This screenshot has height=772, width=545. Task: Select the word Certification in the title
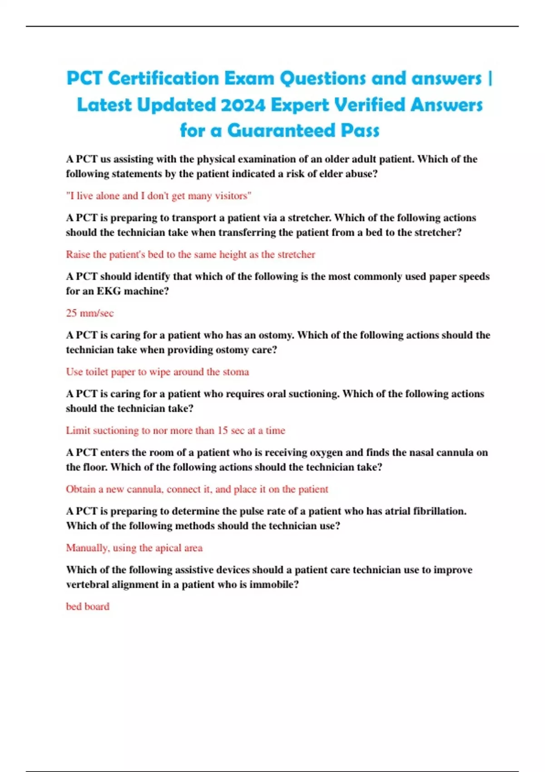[163, 79]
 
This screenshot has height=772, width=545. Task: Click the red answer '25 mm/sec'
[90, 313]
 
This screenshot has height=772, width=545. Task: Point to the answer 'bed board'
[88, 606]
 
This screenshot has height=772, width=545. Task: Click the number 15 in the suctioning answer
[222, 430]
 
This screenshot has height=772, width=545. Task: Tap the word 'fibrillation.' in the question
[439, 511]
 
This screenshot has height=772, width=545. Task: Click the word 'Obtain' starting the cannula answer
[81, 489]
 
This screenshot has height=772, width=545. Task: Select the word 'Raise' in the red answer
[78, 254]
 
